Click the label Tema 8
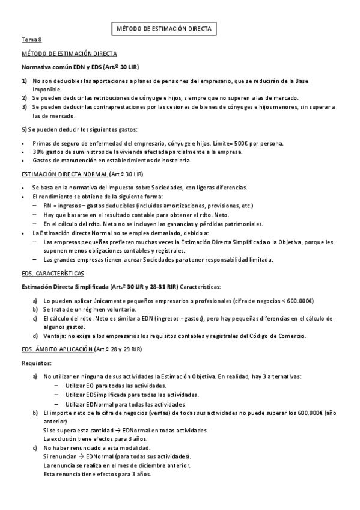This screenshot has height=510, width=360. pyautogui.click(x=32, y=40)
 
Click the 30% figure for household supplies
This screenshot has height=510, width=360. pyautogui.click(x=38, y=152)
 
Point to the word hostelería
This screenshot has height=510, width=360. pyautogui.click(x=175, y=161)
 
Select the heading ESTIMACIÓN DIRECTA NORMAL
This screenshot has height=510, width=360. pyautogui.click(x=64, y=174)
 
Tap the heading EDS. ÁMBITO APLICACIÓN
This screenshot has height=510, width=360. pyautogui.click(x=58, y=349)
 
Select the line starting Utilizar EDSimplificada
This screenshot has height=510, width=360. pyautogui.click(x=132, y=395)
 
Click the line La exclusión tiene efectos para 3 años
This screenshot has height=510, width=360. pyautogui.click(x=97, y=438)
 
